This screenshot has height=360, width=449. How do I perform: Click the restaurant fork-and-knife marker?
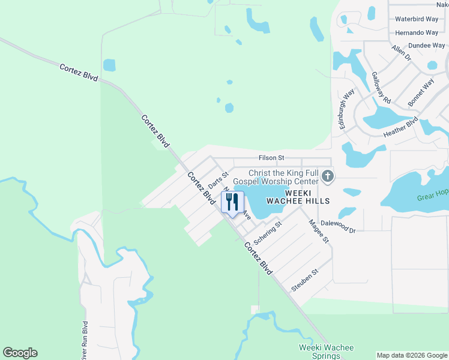[x=233, y=202]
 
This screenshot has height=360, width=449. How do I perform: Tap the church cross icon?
[x=327, y=176]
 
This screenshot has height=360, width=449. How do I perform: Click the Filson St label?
[x=271, y=158]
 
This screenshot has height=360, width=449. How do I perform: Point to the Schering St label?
[x=268, y=233]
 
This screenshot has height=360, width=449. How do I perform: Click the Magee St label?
[x=319, y=231]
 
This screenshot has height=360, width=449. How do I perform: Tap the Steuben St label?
[x=304, y=280]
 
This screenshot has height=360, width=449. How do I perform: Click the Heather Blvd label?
[x=400, y=127]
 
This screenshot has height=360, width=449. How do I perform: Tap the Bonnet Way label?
[x=421, y=92]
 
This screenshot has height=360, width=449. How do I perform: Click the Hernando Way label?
[x=417, y=32]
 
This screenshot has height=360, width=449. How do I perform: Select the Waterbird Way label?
[x=417, y=19]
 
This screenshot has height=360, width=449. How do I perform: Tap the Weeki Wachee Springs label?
[x=326, y=352]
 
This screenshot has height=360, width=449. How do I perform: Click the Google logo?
[x=20, y=353]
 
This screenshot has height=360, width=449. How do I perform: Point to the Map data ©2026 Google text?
[x=412, y=355]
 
